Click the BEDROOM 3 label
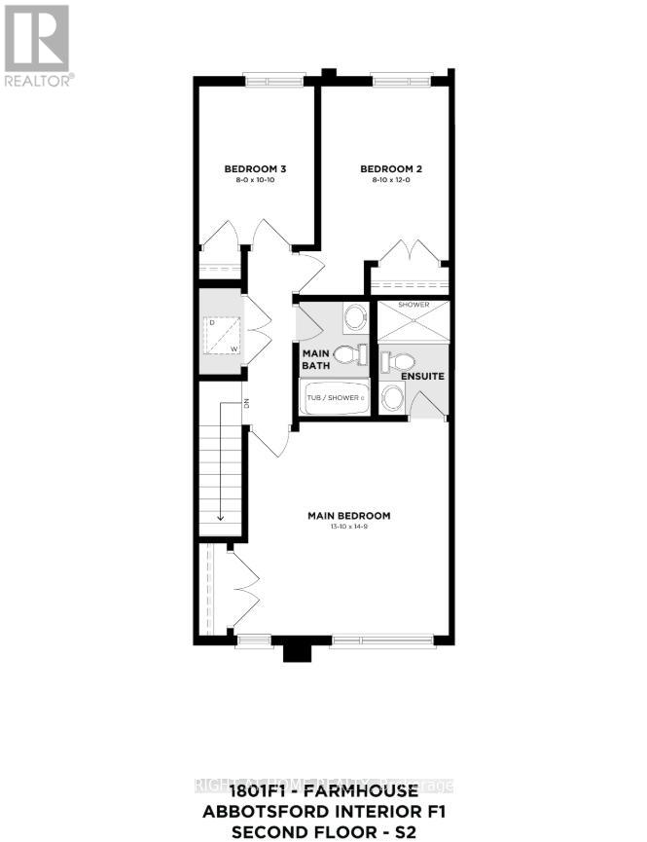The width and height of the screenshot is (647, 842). (x=254, y=168)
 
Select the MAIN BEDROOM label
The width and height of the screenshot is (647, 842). (x=349, y=515)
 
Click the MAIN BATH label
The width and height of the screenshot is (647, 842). (x=316, y=359)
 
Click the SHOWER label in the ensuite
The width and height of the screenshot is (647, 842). (x=413, y=305)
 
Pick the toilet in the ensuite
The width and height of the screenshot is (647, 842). (x=395, y=360)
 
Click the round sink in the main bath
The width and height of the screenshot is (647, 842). (x=355, y=315)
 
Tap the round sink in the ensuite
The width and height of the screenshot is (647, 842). (x=392, y=396)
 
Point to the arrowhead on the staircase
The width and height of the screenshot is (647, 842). (x=222, y=518)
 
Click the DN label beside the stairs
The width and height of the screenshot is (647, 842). (x=247, y=403)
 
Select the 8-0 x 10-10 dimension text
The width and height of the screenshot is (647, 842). (x=254, y=181)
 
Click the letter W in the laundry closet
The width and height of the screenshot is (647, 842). (x=234, y=348)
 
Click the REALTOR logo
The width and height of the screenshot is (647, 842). (x=37, y=45)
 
